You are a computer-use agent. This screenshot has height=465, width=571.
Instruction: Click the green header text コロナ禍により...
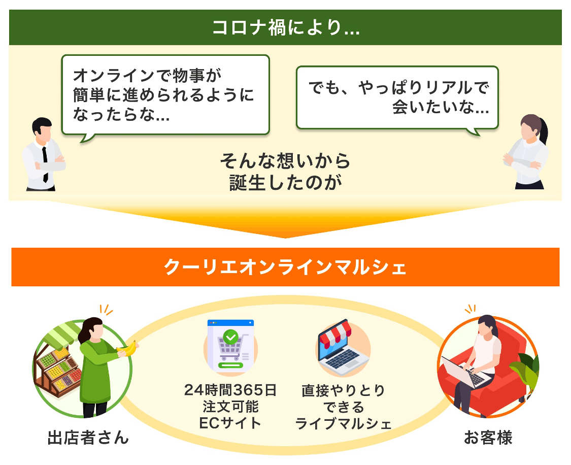(x=286, y=28)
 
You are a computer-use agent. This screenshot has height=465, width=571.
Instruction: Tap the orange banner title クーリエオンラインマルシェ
(x=285, y=268)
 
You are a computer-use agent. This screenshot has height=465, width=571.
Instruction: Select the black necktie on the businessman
(x=45, y=164)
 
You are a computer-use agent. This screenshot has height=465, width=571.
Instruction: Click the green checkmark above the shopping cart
(x=230, y=337)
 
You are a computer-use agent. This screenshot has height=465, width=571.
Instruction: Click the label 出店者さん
(x=88, y=437)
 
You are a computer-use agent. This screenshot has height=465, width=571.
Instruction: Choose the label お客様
(x=488, y=437)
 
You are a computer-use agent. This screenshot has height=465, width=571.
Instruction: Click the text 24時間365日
(x=230, y=390)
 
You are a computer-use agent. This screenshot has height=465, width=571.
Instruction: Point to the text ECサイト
(x=230, y=423)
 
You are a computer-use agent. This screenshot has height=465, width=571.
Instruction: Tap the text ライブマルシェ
(x=343, y=423)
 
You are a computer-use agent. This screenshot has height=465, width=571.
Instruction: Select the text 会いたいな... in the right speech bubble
(x=441, y=107)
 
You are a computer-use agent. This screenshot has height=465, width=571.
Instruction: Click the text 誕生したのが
(x=285, y=182)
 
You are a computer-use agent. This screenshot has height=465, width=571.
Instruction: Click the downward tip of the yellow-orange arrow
(x=285, y=238)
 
